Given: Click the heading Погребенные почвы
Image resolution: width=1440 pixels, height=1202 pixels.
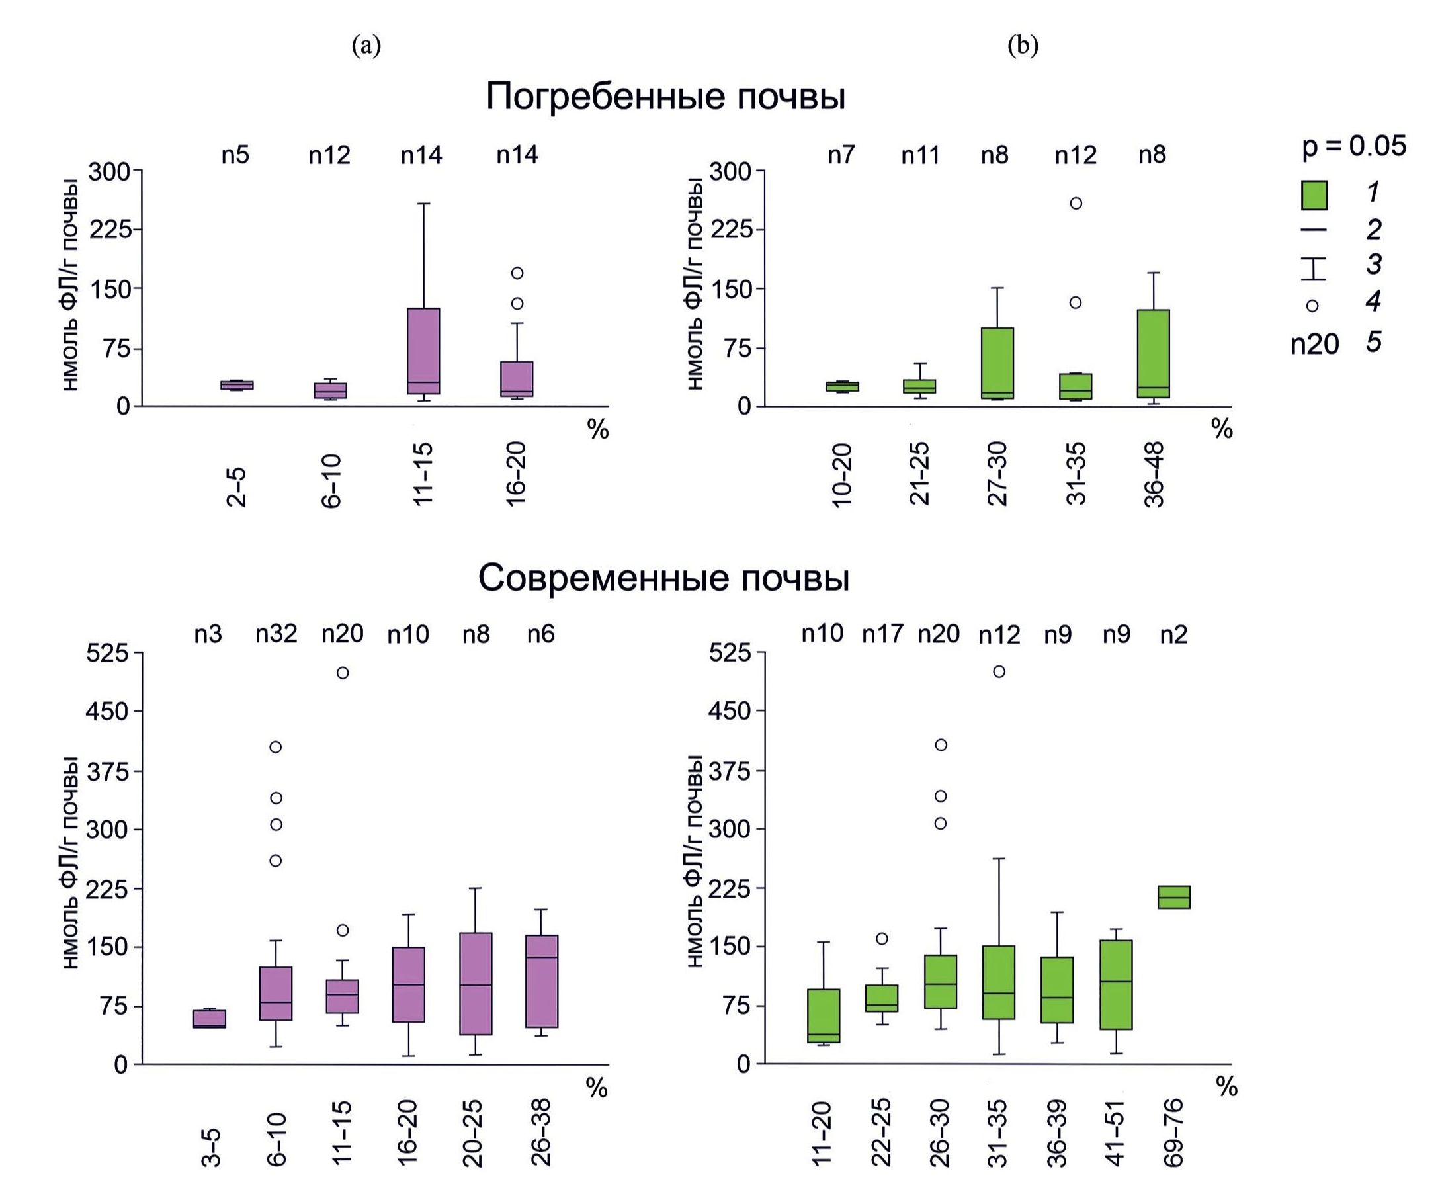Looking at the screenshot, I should coord(665,97).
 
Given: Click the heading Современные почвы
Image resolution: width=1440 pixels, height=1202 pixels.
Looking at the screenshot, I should coord(663,578).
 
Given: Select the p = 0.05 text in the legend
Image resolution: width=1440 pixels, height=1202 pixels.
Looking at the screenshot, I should coord(1353,146).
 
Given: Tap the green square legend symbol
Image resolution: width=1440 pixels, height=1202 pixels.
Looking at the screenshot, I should coord(1314,195).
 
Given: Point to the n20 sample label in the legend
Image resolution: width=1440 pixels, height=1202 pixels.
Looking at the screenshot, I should coord(1314,343).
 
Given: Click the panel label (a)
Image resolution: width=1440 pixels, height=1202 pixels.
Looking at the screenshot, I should coord(366,46).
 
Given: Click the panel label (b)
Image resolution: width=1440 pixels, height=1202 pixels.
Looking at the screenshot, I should coord(1023,46).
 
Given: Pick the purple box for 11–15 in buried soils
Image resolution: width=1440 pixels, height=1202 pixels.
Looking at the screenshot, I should coord(424,351).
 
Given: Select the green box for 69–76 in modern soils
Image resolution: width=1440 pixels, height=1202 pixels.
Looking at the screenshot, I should coord(1174,897).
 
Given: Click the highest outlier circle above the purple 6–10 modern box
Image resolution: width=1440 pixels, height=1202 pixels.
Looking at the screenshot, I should coord(276,747).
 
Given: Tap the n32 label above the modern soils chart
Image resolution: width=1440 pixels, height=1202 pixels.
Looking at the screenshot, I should coord(276,634).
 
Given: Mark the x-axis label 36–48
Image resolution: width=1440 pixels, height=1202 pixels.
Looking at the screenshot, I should coord(1154,474).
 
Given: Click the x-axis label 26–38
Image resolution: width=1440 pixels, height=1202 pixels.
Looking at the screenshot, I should coord(541,1132).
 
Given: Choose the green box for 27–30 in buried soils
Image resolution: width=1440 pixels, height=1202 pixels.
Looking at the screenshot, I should coord(997,363).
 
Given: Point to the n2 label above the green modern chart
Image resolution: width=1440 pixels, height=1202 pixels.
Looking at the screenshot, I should coord(1173,635).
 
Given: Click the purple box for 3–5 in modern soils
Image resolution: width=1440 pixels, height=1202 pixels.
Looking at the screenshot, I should coord(210,1018).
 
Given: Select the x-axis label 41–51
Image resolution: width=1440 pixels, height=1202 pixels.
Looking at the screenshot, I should coord(1116,1132).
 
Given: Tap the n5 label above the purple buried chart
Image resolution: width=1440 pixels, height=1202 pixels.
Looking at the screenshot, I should coord(235,155).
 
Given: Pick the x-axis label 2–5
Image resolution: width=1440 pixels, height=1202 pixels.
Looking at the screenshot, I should coord(235,488).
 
